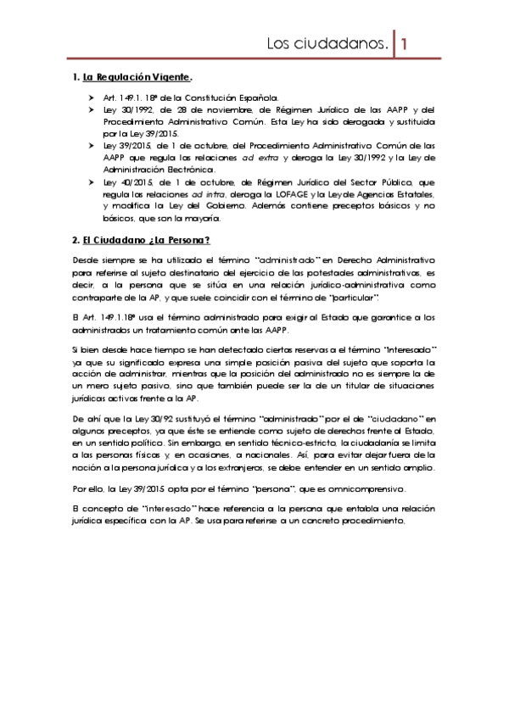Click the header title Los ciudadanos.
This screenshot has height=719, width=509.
tap(327, 42)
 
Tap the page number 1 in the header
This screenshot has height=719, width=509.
tap(406, 42)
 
